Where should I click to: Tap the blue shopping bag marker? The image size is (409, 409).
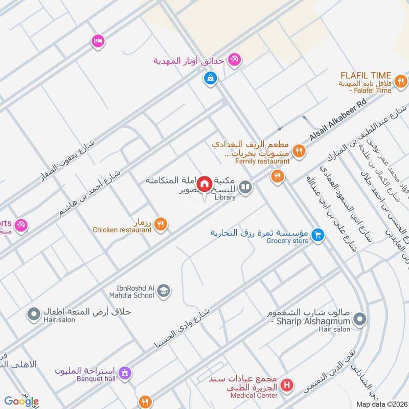(x=210, y=78)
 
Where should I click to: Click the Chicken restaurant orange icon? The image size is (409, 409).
(x=161, y=224)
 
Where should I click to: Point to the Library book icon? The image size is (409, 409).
(x=246, y=188)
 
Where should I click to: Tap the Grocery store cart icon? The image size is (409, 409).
(x=319, y=235)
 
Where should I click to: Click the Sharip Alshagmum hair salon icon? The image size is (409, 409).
(x=360, y=320)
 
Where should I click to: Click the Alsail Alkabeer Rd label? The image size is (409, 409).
(x=338, y=121)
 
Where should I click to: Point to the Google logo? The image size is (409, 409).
(x=21, y=401)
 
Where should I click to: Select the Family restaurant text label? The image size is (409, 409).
(x=262, y=161)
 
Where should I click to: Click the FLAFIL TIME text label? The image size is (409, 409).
(x=367, y=75)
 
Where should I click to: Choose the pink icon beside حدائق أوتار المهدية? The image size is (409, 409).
(x=235, y=60)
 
